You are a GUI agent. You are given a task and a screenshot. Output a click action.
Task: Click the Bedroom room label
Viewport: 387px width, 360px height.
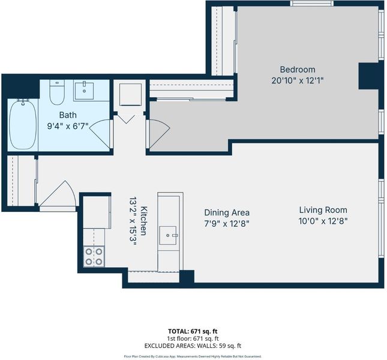pyautogui.click(x=298, y=70)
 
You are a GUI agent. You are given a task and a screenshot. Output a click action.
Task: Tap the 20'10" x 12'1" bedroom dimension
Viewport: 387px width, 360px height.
pyautogui.click(x=298, y=80)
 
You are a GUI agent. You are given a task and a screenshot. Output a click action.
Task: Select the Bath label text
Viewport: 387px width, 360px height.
pyautogui.click(x=68, y=115)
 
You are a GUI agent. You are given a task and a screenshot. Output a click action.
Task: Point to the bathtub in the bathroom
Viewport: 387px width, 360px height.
pyautogui.click(x=23, y=124)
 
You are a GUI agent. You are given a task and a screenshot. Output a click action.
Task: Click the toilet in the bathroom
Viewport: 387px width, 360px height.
pyautogui.click(x=57, y=92)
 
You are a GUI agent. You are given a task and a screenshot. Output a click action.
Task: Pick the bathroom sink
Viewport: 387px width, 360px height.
pyautogui.click(x=84, y=91)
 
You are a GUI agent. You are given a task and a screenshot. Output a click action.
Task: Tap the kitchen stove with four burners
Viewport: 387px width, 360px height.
pyautogui.click(x=94, y=256)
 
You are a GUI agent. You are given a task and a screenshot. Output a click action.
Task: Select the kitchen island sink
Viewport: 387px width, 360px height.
pyautogui.click(x=168, y=235)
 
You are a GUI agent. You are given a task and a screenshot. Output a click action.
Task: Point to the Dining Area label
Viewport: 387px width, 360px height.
pyautogui.click(x=227, y=212)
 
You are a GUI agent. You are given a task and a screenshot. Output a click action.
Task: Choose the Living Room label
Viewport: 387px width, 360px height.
pyautogui.click(x=323, y=210)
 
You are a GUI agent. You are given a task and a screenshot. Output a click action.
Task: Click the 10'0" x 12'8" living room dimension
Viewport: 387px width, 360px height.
pyautogui.click(x=323, y=221)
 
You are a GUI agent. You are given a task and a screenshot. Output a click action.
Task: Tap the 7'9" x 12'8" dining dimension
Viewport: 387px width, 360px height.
pyautogui.click(x=227, y=224)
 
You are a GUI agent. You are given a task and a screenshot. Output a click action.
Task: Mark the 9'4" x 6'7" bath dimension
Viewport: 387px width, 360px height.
pyautogui.click(x=68, y=126)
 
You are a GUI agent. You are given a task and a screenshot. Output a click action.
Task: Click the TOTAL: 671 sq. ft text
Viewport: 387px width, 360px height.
pyautogui.click(x=193, y=331)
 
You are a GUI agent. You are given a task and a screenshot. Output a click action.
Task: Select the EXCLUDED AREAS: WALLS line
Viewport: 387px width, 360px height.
pyautogui.click(x=193, y=346)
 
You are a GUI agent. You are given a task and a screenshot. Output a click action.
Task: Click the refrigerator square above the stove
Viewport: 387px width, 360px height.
pyautogui.click(x=97, y=212)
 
